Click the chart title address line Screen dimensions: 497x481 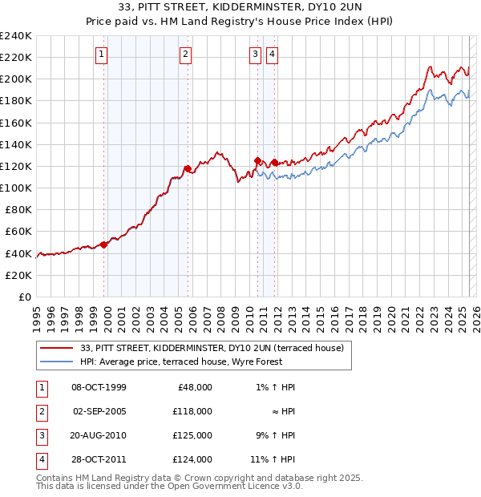pyautogui.click(x=240, y=8)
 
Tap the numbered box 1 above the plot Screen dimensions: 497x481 pyautogui.click(x=103, y=55)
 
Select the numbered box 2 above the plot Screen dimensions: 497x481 pyautogui.click(x=185, y=55)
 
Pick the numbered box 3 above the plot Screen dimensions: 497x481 pyautogui.click(x=255, y=55)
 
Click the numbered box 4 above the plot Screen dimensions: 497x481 pyautogui.click(x=273, y=55)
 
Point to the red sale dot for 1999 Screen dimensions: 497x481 pyautogui.click(x=104, y=244)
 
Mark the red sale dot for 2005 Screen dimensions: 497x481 pyautogui.click(x=188, y=168)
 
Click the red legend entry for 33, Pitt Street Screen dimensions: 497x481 pyautogui.click(x=212, y=348)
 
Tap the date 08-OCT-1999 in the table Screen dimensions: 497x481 pyautogui.click(x=99, y=387)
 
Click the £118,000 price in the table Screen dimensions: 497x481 pyautogui.click(x=192, y=411)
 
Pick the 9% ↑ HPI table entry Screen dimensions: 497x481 pyautogui.click(x=273, y=435)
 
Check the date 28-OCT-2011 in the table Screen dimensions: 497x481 pyautogui.click(x=99, y=459)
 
